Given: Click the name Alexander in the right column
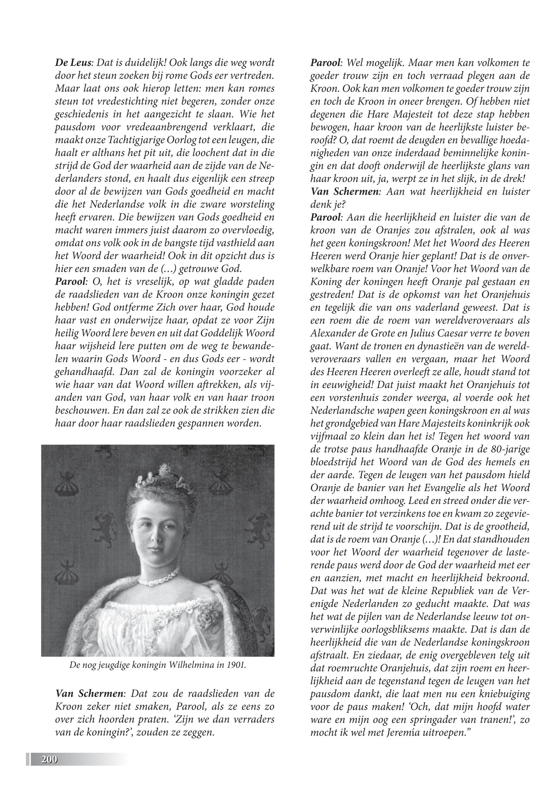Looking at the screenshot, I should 333,333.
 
